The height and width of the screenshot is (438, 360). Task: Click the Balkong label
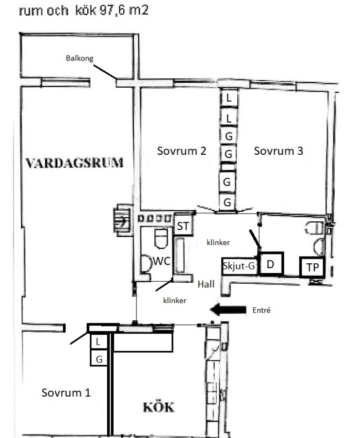79,58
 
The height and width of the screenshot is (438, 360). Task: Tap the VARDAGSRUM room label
75,163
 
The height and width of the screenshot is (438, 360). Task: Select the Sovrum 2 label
182,151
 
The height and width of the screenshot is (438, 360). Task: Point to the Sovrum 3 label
278,151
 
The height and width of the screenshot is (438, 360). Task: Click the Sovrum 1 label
66,393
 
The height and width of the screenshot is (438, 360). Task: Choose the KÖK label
158,407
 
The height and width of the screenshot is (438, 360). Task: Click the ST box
183,225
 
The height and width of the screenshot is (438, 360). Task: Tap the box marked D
270,264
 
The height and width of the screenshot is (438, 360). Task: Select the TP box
312,267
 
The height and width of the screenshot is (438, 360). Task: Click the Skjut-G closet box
239,266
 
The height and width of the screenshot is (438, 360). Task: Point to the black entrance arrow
228,310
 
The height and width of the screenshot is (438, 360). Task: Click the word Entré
261,310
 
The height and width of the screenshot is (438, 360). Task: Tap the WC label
162,261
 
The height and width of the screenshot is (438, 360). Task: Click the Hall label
206,284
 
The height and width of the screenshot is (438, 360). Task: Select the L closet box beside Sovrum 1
98,341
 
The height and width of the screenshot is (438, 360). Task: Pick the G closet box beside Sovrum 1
99,358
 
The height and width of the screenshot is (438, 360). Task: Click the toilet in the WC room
161,238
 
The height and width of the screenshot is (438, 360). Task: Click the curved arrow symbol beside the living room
122,221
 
